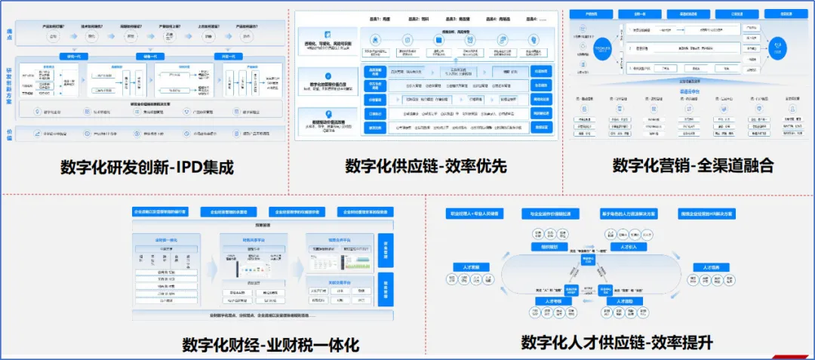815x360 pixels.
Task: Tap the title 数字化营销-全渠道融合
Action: (693, 165)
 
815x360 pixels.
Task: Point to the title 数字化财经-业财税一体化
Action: (270, 345)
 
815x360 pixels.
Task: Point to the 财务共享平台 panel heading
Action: (254, 239)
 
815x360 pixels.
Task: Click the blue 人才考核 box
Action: (548, 300)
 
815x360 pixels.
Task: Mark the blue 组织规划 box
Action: (548, 246)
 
